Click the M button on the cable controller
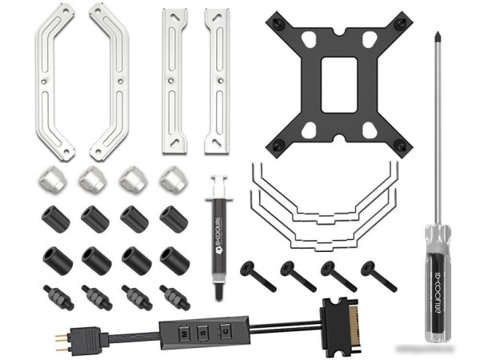(183, 329)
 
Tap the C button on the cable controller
(226, 329)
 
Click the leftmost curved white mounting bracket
(55, 80)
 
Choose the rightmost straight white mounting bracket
(216, 80)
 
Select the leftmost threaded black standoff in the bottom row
(57, 297)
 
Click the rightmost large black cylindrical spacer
(174, 260)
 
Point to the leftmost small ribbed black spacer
(55, 218)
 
